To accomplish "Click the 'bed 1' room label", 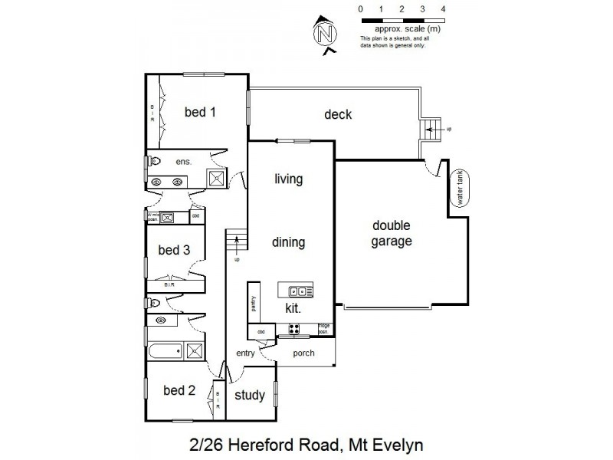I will tap(200, 112).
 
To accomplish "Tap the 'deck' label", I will tap(338, 114).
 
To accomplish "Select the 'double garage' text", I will tap(392, 233).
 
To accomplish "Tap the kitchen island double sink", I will tap(296, 291).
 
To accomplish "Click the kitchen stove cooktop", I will tap(293, 329).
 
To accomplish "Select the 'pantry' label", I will tap(253, 303).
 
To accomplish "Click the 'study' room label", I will tap(250, 396).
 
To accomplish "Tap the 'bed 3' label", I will tap(174, 249).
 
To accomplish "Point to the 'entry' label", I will tap(245, 353).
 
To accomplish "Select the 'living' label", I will tap(289, 179).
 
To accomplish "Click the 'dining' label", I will tap(289, 242).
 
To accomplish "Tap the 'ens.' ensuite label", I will tap(182, 162).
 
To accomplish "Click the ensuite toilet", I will tap(154, 162).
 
